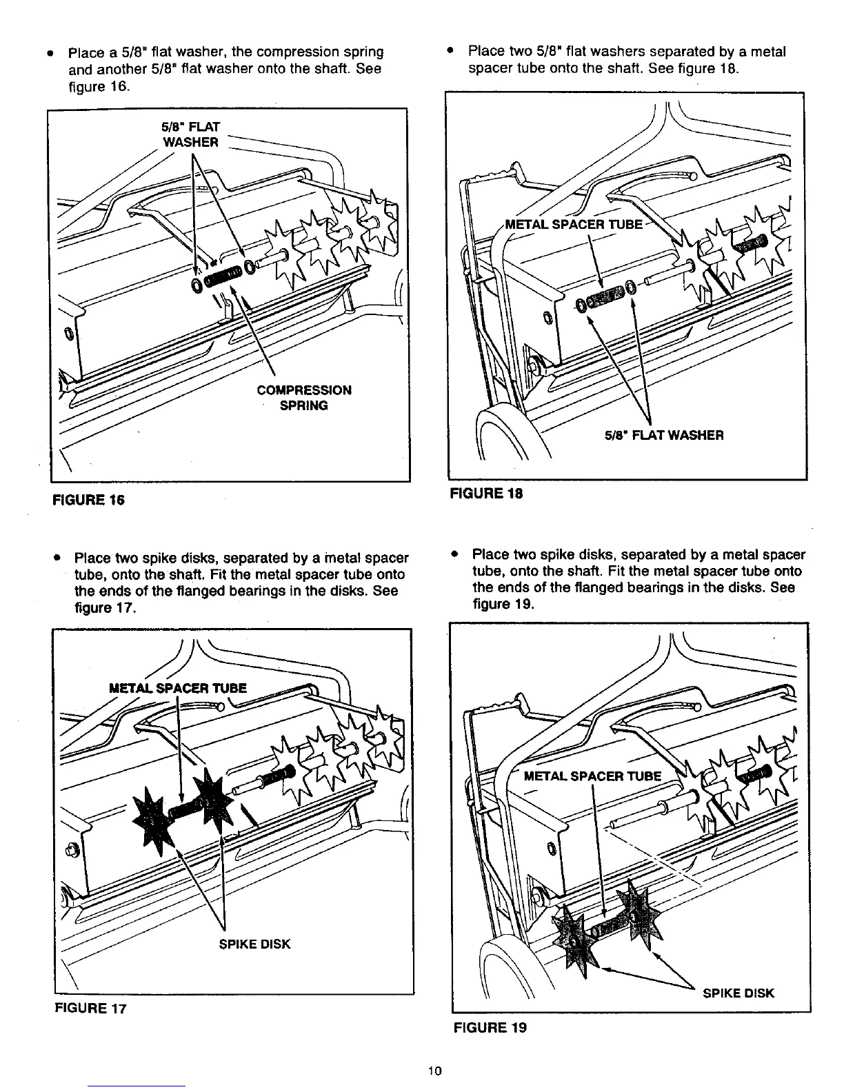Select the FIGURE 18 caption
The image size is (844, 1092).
click(486, 493)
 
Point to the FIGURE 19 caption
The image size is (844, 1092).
click(490, 1027)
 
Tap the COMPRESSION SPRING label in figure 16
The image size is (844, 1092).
click(304, 398)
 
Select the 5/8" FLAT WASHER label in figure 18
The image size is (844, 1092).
click(664, 435)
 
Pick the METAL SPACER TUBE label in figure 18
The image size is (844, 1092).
click(574, 225)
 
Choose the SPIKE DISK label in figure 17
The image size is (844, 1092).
click(254, 944)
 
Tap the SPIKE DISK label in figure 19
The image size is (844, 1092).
click(738, 993)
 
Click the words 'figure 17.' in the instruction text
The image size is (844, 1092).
click(106, 609)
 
